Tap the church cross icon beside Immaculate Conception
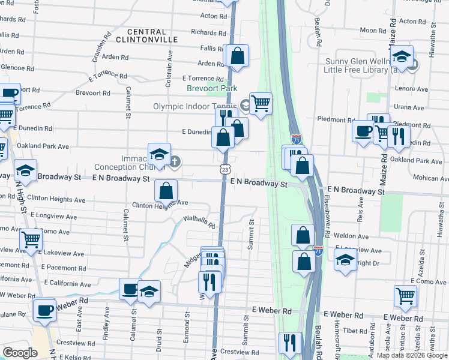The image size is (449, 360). coord(175,161)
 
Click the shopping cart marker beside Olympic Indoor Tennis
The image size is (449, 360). coord(261,104)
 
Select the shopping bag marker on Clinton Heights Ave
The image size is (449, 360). coord(166,191)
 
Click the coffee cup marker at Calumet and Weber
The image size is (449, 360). coord(130,289)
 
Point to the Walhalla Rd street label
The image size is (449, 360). coord(199,222)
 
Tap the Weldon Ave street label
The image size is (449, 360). coord(351,236)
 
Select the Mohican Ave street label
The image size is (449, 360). coord(427,178)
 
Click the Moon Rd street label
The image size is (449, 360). coord(373,30)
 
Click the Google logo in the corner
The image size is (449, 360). coord(20,352)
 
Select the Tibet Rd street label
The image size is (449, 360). coord(355,331)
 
